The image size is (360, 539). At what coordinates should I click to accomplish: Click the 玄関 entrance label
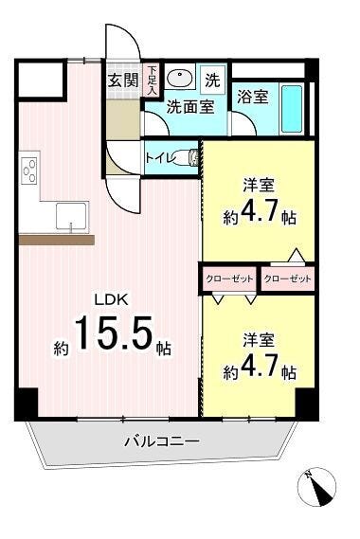tap(120, 80)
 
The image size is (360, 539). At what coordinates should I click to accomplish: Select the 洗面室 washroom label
tap(189, 107)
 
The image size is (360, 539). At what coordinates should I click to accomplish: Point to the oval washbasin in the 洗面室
tap(180, 79)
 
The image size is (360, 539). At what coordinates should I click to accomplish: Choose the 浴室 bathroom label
tap(252, 97)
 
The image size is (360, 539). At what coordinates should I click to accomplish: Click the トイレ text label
tap(159, 158)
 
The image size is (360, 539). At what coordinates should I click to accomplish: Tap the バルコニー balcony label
tap(161, 441)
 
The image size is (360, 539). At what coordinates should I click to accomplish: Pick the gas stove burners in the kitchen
tap(28, 171)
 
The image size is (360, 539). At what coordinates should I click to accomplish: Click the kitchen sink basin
tap(69, 216)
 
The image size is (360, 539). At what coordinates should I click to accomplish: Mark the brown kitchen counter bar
tap(56, 240)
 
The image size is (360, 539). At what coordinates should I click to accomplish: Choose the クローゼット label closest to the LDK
tap(228, 278)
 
